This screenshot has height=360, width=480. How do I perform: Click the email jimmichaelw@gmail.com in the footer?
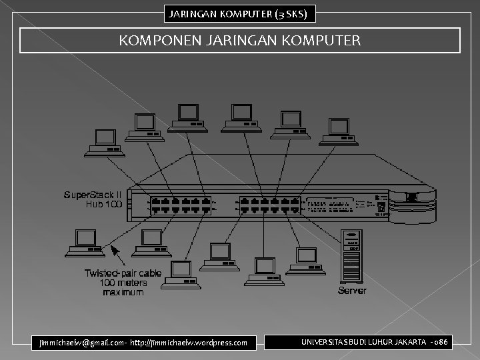pos(81,343)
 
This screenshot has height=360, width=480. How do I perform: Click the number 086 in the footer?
pos(441,342)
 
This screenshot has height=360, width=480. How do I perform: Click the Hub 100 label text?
pos(103,204)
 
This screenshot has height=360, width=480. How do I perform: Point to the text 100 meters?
pos(114,282)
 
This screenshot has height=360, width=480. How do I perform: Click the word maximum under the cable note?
pos(114,291)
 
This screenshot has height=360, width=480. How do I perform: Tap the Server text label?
pos(352,291)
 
